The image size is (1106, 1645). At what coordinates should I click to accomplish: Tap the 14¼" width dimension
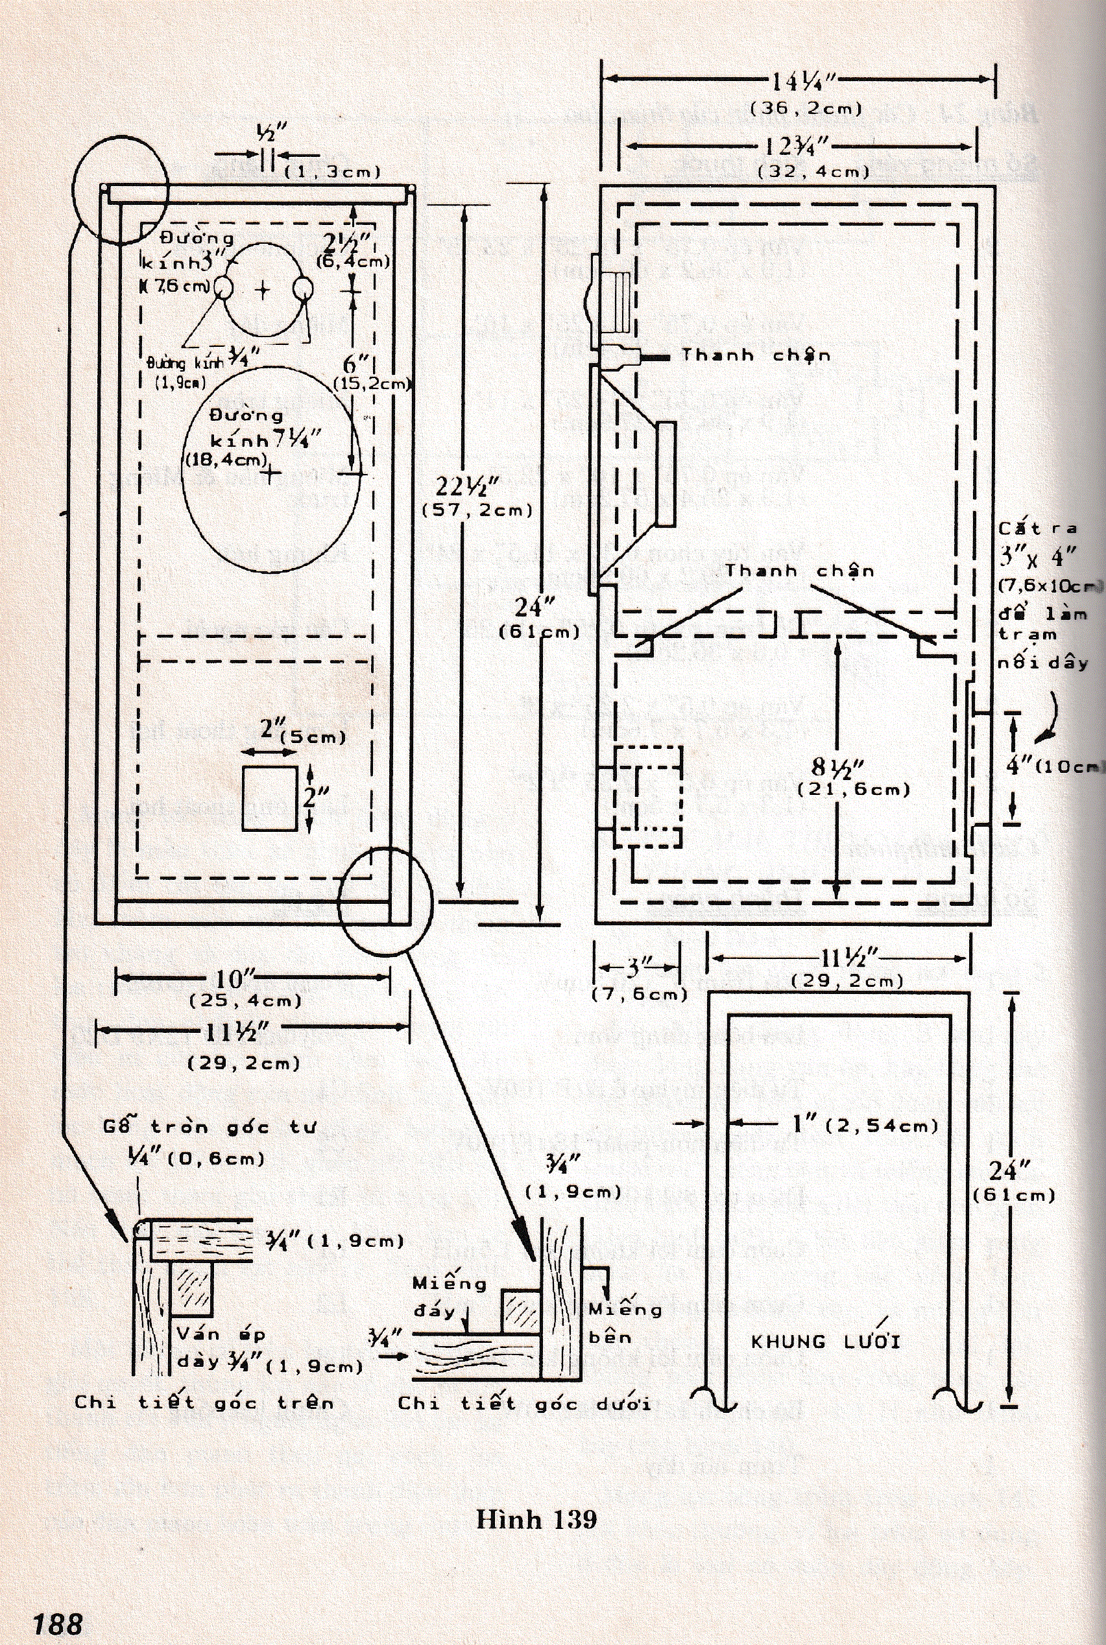[802, 82]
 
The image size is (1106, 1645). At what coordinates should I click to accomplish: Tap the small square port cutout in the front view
[269, 799]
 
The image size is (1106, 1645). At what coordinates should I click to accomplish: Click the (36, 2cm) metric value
[806, 108]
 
